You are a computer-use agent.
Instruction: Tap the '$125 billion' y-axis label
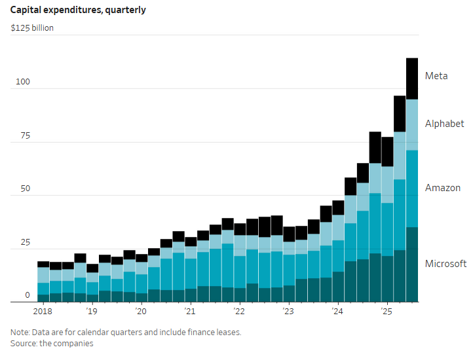[32, 28]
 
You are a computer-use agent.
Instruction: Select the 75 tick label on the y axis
[24, 135]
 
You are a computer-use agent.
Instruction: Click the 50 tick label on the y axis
[24, 189]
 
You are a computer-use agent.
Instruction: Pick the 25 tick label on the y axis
[24, 242]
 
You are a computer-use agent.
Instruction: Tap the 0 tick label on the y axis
[28, 295]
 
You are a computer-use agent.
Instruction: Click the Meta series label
[436, 76]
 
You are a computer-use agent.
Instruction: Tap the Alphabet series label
[444, 124]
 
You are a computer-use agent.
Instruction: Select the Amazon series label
[443, 188]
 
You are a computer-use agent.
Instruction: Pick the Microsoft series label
[445, 264]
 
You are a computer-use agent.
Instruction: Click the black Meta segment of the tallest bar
[412, 79]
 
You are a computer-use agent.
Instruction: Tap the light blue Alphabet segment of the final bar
[412, 124]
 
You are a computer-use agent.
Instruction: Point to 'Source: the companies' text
[52, 343]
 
